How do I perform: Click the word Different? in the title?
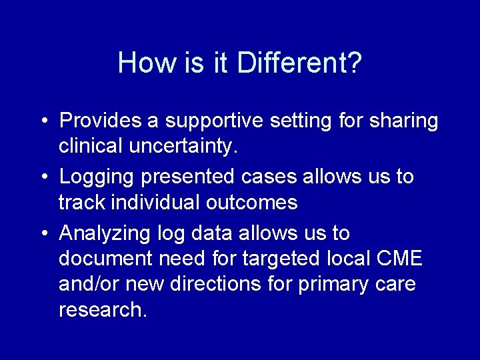click(300, 63)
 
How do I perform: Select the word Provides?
click(101, 121)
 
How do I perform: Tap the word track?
click(81, 202)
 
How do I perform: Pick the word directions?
click(215, 284)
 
